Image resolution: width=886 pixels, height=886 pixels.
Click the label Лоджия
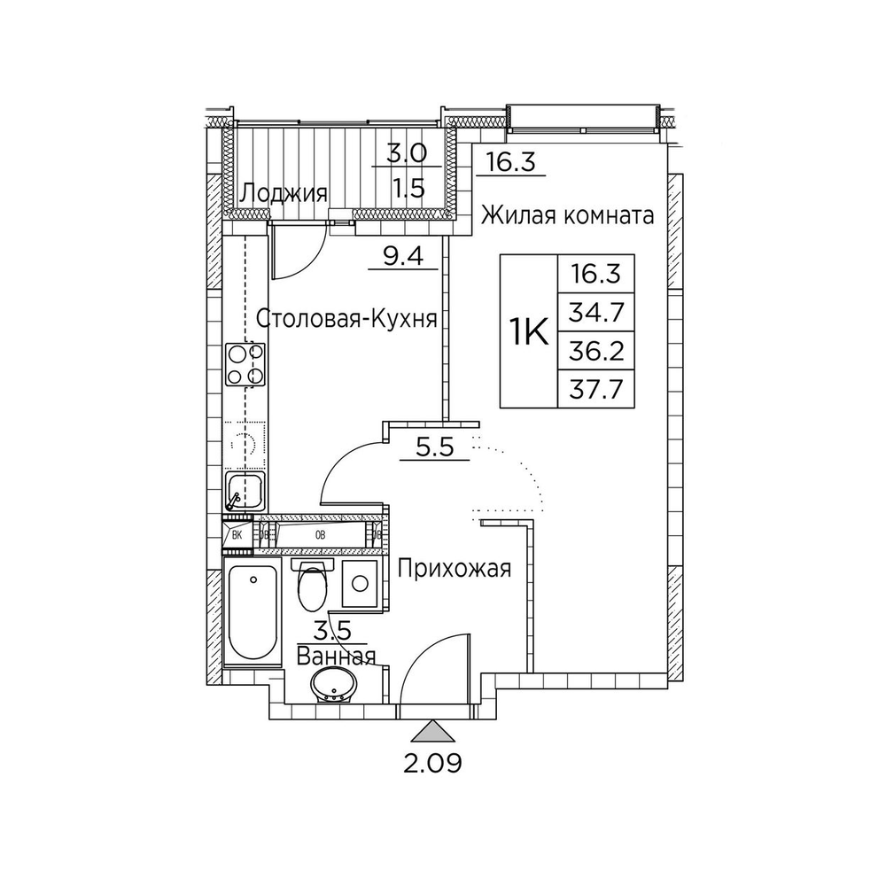[284, 193]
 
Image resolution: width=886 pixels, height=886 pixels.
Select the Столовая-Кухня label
[346, 318]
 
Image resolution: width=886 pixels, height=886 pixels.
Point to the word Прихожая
[454, 568]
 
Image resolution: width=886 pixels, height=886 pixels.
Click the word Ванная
[336, 657]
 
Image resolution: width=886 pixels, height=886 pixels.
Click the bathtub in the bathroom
[253, 610]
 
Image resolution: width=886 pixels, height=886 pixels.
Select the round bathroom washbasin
[333, 686]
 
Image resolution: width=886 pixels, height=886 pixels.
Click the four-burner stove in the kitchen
[245, 364]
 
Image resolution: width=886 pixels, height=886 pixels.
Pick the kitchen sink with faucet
[244, 490]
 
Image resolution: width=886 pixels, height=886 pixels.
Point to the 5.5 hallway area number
[434, 447]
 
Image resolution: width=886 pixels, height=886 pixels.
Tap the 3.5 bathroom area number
[335, 632]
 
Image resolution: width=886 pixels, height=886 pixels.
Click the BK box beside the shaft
[237, 534]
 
